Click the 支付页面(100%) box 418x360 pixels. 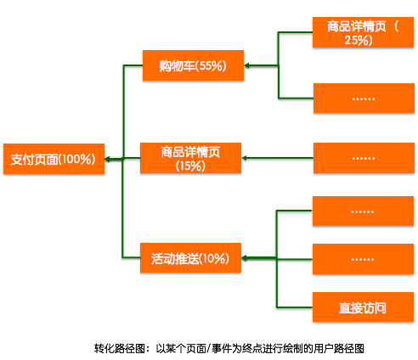point(53,158)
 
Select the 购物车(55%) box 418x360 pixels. point(192,65)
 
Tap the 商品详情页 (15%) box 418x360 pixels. point(190,159)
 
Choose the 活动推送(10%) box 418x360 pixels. point(190,258)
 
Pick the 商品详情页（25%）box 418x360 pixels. point(363,32)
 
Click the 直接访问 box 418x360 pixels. point(363,307)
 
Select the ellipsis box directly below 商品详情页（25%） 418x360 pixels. point(363,98)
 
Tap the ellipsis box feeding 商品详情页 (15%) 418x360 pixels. point(363,158)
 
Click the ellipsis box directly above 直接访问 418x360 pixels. point(363,258)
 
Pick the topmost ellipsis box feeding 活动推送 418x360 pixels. point(363,211)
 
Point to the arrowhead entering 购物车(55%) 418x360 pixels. point(247,65)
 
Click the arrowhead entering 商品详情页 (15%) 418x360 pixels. point(245,158)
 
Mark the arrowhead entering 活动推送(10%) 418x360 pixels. point(246,257)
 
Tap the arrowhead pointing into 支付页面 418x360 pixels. point(108,158)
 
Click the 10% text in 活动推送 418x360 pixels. point(214,258)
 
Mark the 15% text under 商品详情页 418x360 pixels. point(190,166)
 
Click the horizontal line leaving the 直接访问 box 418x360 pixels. point(295,307)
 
